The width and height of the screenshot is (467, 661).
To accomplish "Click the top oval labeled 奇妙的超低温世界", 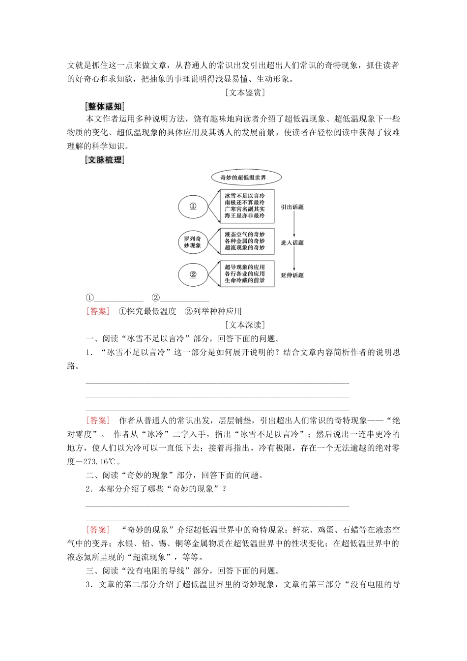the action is click(246, 178).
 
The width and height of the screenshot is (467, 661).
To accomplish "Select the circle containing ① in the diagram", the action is click(193, 206).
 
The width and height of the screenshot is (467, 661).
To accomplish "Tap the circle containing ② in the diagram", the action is click(193, 274).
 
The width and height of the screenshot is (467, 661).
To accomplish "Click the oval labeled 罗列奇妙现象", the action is click(193, 242).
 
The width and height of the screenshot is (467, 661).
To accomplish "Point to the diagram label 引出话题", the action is click(292, 207).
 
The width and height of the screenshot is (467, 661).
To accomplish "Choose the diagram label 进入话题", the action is click(292, 242).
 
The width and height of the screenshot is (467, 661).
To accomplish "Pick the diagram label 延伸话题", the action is click(292, 275).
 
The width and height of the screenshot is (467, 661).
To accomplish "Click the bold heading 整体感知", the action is click(105, 106).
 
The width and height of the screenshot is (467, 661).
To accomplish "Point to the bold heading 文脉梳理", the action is click(105, 160).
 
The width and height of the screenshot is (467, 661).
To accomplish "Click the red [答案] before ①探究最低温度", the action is click(98, 311).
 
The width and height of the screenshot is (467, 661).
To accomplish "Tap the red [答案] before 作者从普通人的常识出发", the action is click(98, 421).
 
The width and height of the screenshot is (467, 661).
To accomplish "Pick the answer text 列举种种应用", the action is click(217, 311).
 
